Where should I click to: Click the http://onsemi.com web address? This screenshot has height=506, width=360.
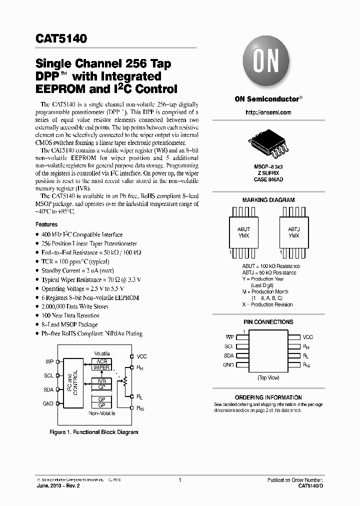tap(268, 112)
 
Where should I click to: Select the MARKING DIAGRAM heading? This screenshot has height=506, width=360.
tap(268, 200)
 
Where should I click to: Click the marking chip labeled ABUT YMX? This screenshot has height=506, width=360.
tap(243, 232)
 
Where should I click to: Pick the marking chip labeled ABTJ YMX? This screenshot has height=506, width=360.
tap(293, 232)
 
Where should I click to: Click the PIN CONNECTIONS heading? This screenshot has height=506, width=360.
tap(268, 322)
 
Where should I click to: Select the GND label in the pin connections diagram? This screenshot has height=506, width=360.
tap(228, 365)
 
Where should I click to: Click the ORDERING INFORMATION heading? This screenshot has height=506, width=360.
tap(268, 397)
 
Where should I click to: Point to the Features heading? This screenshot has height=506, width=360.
tap(46, 225)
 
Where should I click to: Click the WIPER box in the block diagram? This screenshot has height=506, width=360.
tap(101, 367)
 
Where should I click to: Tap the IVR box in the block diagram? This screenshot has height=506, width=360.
tap(101, 380)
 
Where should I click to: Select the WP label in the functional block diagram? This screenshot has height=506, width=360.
tap(49, 361)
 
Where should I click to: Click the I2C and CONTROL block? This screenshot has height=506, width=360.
tap(72, 382)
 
